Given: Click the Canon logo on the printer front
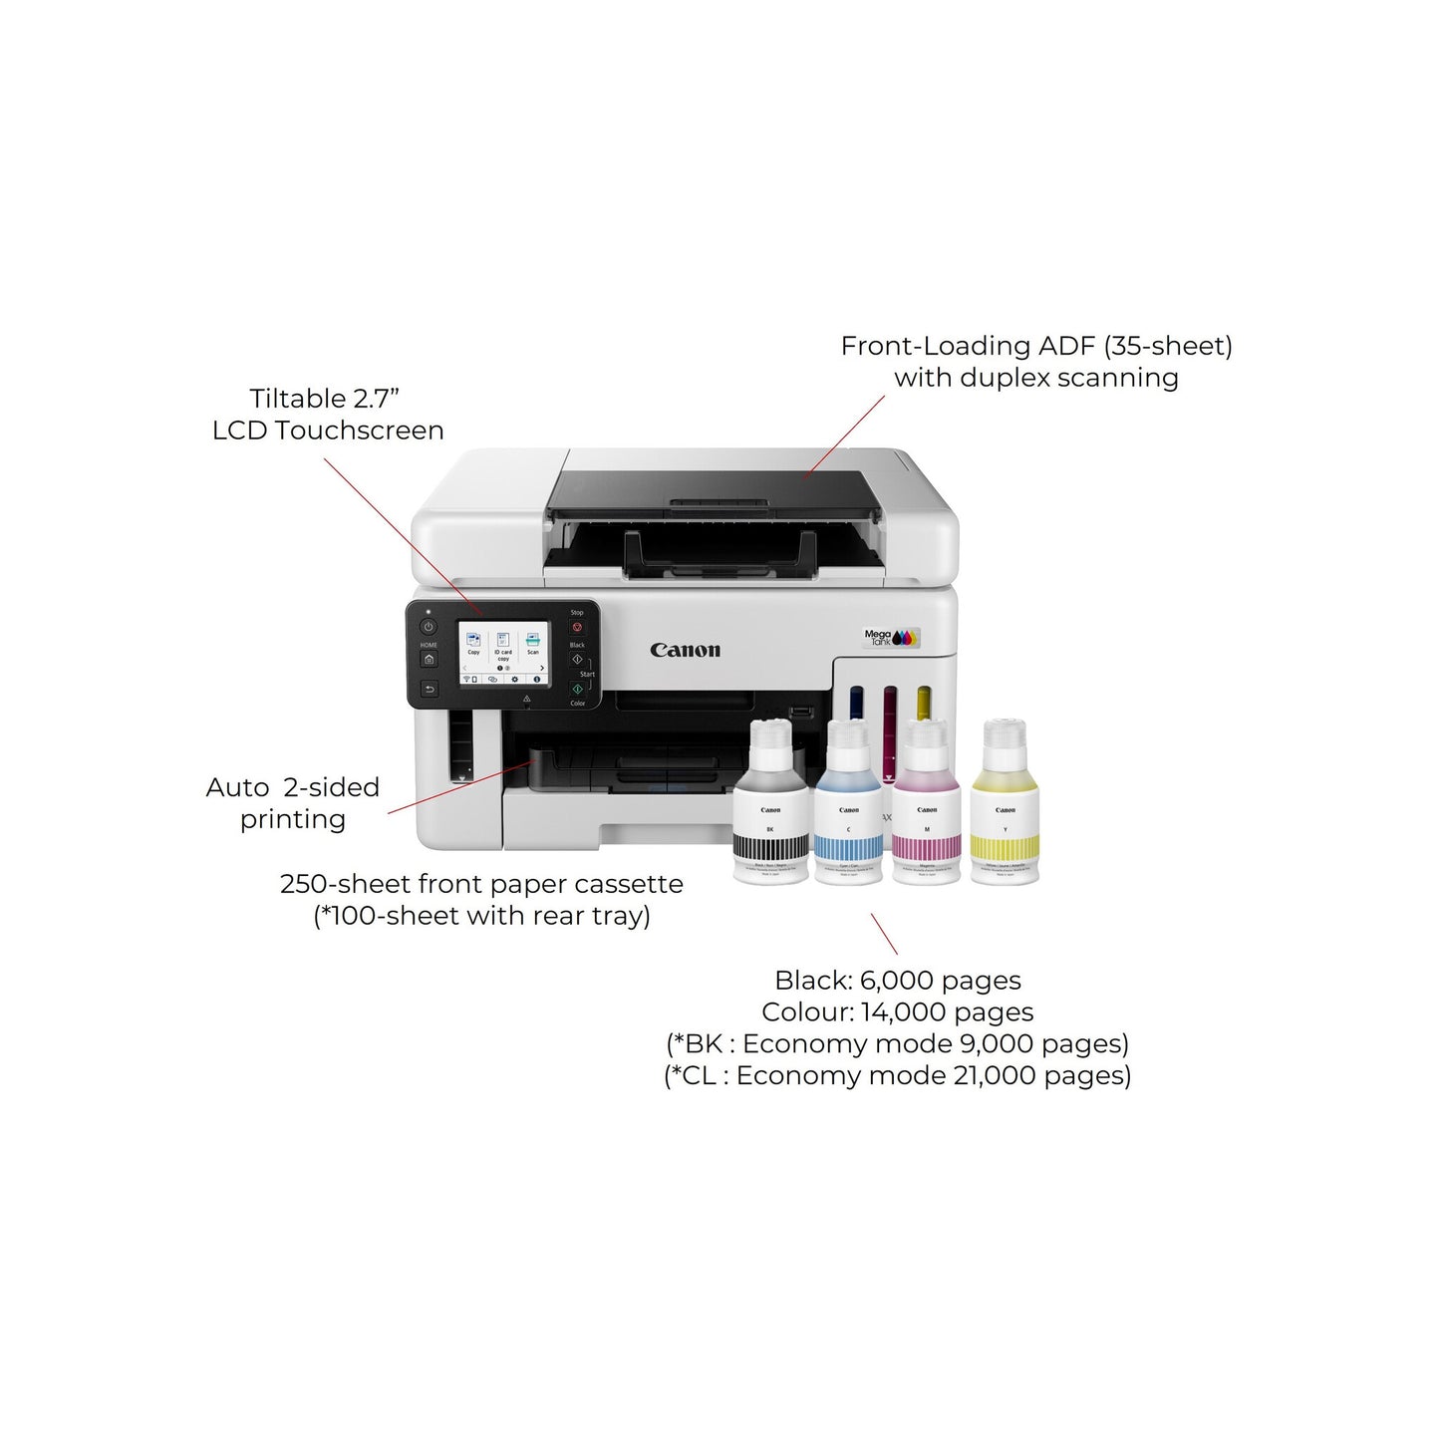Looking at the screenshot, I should point(685,651).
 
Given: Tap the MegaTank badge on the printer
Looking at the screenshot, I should point(891,637).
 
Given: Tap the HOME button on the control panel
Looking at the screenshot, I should point(429,659).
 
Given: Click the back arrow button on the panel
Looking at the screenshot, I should point(429,689).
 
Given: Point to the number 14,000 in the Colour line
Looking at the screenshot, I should point(904,1012).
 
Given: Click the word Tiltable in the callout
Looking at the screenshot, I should point(297,399).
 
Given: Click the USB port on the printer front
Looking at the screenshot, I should point(798,713).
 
